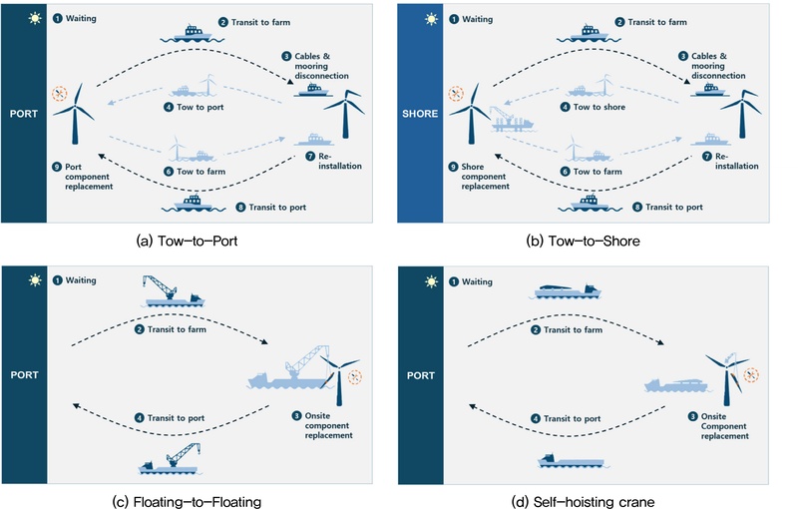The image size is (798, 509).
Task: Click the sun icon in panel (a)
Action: pos(35,18)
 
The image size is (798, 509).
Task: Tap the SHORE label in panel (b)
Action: pos(420,114)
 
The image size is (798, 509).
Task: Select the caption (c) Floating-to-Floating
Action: pos(187,502)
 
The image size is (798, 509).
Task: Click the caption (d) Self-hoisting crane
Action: pos(583,502)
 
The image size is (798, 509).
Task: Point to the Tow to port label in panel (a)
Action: pos(200,107)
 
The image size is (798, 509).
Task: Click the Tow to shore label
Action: pos(599,107)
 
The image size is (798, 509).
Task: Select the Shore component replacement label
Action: pos(485,177)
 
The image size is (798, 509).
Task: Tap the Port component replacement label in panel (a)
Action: pos(89,177)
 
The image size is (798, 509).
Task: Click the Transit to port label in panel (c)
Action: pos(176,418)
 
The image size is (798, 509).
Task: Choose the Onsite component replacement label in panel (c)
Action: pos(328,425)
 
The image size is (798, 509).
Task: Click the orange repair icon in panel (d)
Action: pos(751,375)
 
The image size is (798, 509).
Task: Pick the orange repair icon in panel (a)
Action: pos(60,94)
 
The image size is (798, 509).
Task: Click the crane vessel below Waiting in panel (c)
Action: pos(173,291)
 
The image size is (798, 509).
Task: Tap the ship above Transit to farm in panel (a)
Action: pos(193,34)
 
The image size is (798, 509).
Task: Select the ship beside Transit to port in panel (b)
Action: pos(590,203)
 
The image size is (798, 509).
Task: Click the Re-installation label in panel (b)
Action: pos(736,161)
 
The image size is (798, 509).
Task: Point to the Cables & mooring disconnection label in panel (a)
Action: pos(321,66)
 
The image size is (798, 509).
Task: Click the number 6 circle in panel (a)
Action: pos(169,172)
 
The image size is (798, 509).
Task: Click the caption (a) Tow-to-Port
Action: pos(187,241)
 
